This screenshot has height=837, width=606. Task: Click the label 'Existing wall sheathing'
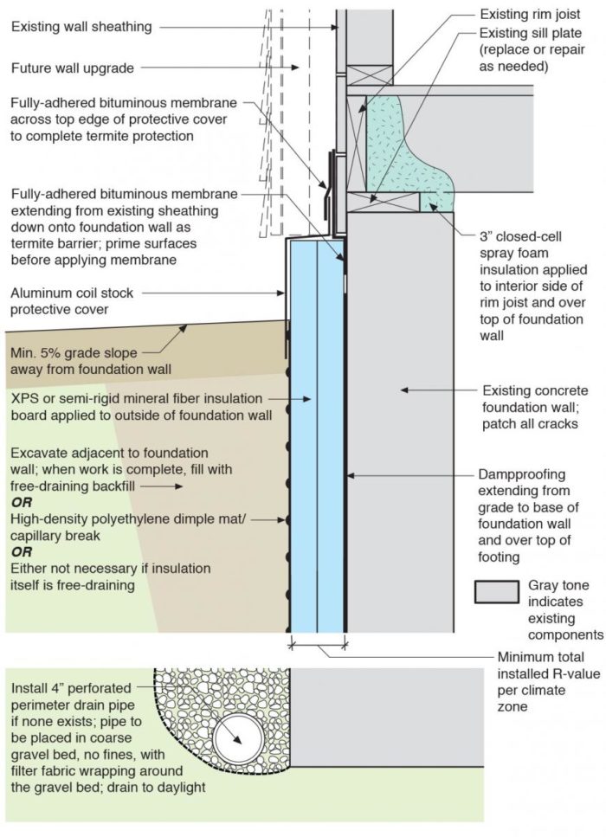(x=82, y=28)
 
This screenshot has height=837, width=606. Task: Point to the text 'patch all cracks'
(x=530, y=425)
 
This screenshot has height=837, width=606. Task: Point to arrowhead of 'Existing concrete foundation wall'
(x=403, y=391)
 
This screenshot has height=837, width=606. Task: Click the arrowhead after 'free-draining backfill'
(x=181, y=486)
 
